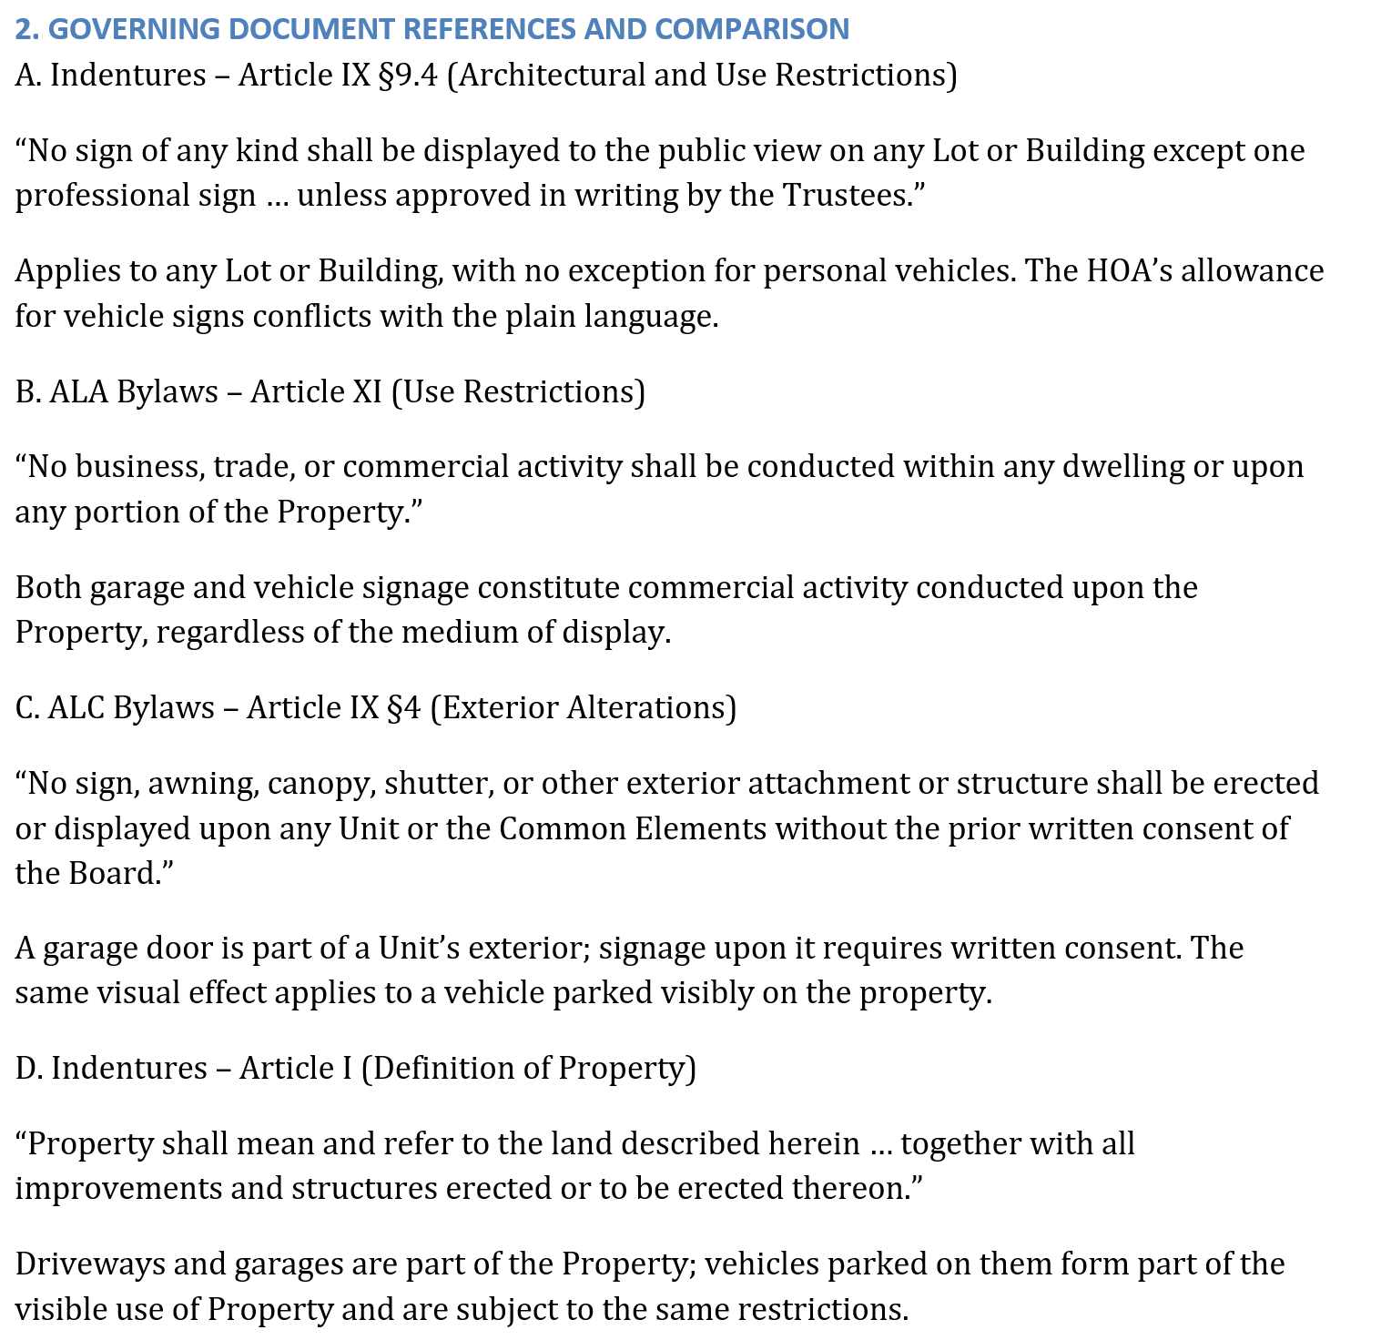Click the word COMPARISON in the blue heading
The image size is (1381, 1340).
tap(752, 28)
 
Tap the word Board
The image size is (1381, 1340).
tap(113, 873)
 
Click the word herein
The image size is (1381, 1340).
tap(814, 1142)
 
